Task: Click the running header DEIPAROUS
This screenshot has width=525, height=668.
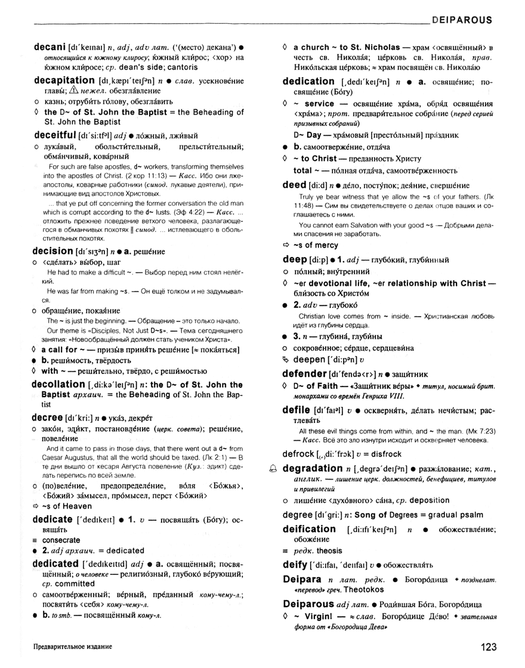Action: coord(461,20)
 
